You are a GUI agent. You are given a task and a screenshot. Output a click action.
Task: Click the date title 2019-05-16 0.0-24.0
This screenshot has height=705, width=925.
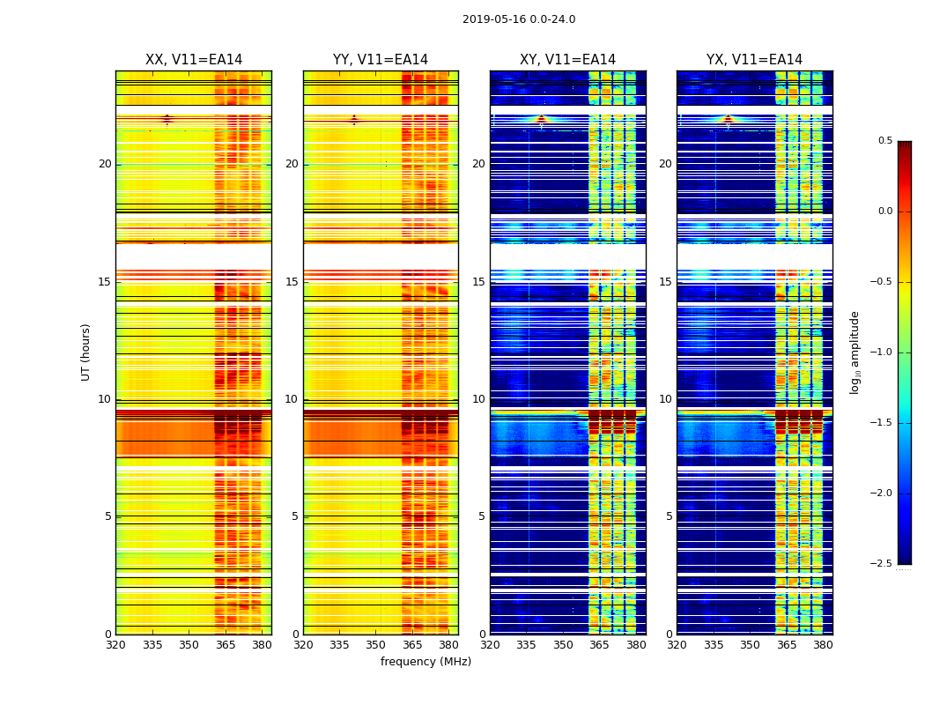pyautogui.click(x=519, y=19)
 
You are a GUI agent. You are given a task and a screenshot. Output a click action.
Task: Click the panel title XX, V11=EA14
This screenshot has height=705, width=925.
pyautogui.click(x=194, y=60)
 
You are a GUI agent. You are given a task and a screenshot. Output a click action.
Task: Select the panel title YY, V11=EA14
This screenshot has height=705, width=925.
pyautogui.click(x=381, y=60)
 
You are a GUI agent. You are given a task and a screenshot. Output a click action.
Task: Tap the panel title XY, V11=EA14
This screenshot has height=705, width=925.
pyautogui.click(x=567, y=60)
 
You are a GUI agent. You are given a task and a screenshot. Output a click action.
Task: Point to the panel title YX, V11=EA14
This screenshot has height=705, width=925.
pyautogui.click(x=754, y=60)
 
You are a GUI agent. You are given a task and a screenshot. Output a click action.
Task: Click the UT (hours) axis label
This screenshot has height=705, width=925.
pyautogui.click(x=85, y=352)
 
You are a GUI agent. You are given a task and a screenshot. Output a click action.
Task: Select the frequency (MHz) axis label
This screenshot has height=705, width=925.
pyautogui.click(x=425, y=662)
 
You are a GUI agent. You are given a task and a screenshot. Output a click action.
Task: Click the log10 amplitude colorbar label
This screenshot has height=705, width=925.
pyautogui.click(x=854, y=352)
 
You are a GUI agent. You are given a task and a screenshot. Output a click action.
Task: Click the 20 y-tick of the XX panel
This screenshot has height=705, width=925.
pyautogui.click(x=105, y=164)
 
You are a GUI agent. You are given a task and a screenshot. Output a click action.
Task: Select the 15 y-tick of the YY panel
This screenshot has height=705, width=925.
pyautogui.click(x=292, y=282)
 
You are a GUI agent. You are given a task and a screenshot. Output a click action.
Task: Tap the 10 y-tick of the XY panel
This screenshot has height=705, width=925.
pyautogui.click(x=479, y=399)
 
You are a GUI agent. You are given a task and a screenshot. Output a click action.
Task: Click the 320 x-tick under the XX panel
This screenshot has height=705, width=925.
pyautogui.click(x=115, y=645)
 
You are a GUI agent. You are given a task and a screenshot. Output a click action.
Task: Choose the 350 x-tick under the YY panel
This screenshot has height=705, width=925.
pyautogui.click(x=376, y=645)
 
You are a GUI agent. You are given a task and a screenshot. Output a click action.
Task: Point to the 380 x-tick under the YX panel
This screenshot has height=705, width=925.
pyautogui.click(x=823, y=645)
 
